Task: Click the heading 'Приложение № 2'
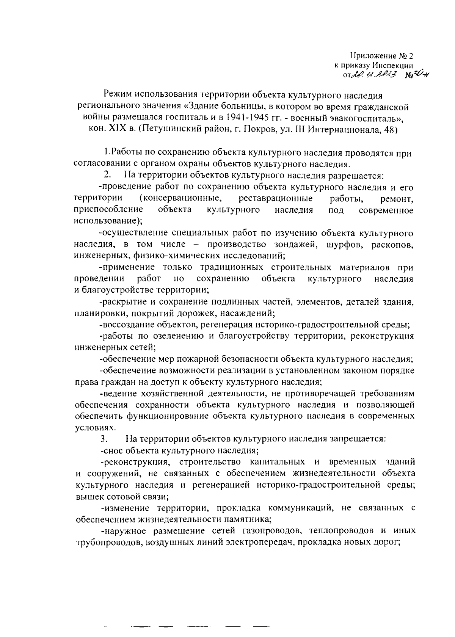(x=381, y=56)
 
